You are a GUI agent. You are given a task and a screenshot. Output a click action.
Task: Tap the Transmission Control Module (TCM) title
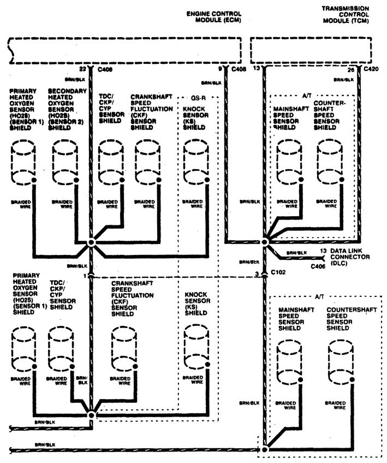point(345,15)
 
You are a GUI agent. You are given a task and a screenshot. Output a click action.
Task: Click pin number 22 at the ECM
point(82,69)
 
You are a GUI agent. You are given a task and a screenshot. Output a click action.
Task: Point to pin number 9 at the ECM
point(220,69)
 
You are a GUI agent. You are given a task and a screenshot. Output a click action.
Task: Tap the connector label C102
point(278,272)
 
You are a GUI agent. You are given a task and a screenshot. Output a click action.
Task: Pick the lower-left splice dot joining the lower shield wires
point(91,415)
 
